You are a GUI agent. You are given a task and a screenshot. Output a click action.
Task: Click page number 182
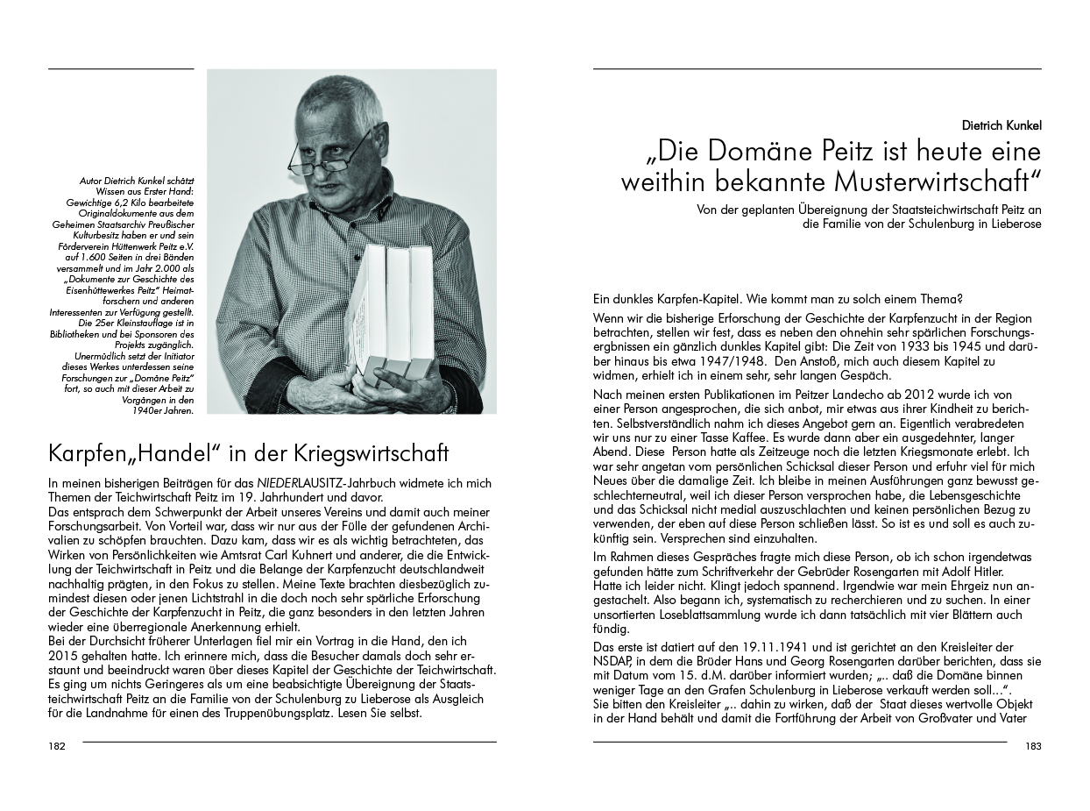click(x=57, y=747)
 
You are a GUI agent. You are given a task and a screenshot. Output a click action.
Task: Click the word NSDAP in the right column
click(x=613, y=661)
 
